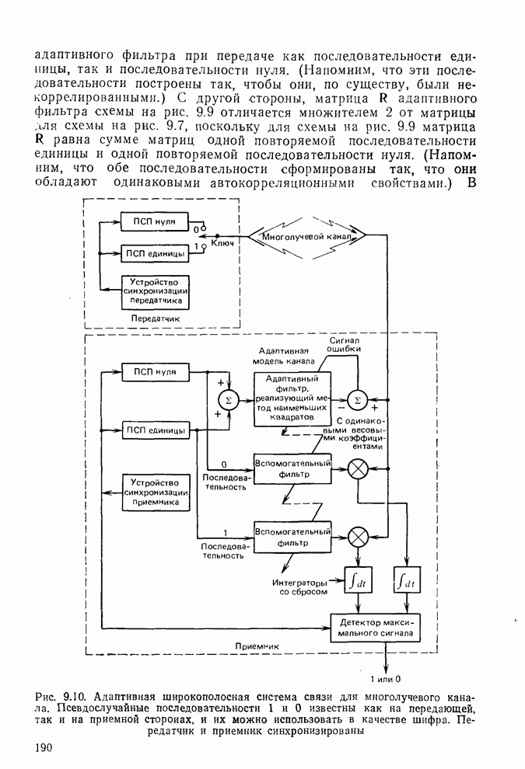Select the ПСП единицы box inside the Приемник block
155,430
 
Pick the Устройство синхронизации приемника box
155,492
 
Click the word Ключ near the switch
222,243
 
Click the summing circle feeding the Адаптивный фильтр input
228,400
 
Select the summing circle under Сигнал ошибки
358,399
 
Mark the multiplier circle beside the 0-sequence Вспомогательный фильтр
359,468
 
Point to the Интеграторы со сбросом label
299,586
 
